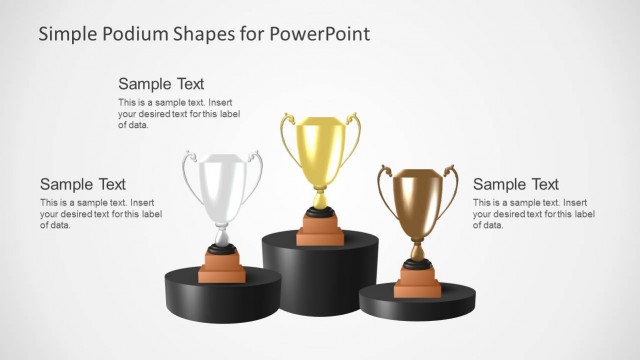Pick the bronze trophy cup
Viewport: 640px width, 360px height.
416,200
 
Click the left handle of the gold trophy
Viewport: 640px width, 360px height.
286,140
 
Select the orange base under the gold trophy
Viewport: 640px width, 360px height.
321,231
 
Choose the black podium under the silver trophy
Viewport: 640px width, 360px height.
214,296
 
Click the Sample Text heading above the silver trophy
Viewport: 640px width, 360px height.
161,84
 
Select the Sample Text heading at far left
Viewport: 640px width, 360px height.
83,184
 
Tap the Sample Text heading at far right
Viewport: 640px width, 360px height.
515,184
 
